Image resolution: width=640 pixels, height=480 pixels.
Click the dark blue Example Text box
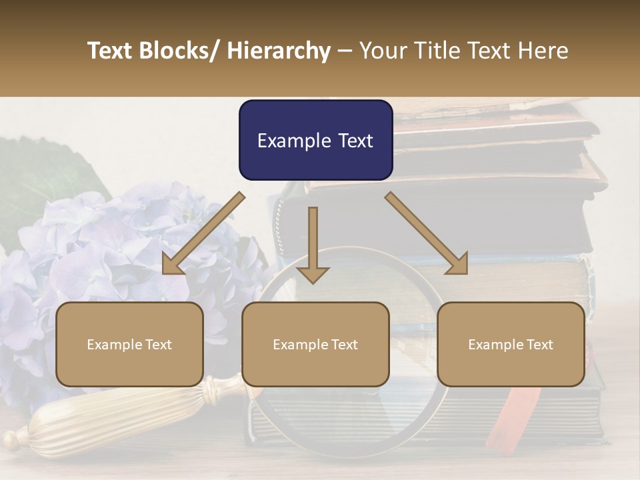[315, 140]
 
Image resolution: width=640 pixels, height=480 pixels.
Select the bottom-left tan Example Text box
[129, 344]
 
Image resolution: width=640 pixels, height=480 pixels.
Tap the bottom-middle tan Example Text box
[315, 344]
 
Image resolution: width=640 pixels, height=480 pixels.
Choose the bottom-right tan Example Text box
[511, 344]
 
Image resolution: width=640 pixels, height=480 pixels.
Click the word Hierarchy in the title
[279, 51]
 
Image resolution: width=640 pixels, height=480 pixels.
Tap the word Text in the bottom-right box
[541, 344]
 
